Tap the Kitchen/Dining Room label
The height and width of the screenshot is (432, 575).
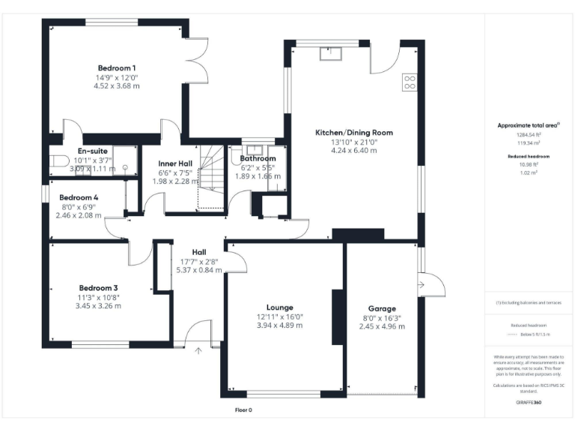[354, 132]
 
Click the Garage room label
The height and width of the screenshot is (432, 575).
[381, 308]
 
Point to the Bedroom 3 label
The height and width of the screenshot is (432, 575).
[99, 287]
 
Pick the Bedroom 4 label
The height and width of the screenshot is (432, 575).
[81, 197]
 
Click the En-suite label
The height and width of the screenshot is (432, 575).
[93, 151]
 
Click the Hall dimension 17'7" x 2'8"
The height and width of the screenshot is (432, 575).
[198, 261]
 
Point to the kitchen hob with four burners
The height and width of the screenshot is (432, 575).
[410, 81]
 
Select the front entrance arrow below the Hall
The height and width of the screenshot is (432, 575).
[198, 349]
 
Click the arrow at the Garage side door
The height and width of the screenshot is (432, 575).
[424, 283]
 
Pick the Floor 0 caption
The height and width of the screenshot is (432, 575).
[243, 410]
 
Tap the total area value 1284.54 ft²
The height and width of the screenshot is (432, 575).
[529, 134]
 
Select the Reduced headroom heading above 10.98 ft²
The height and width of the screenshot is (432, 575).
[529, 156]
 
